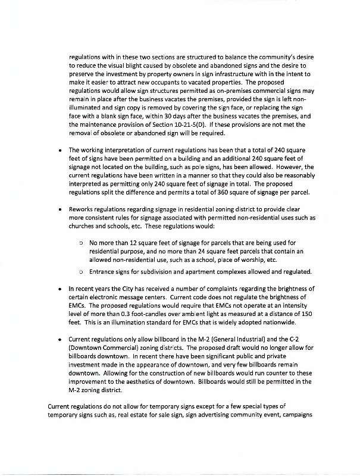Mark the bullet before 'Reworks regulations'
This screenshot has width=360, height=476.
click(61, 209)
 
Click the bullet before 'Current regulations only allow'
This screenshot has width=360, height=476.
click(61, 339)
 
